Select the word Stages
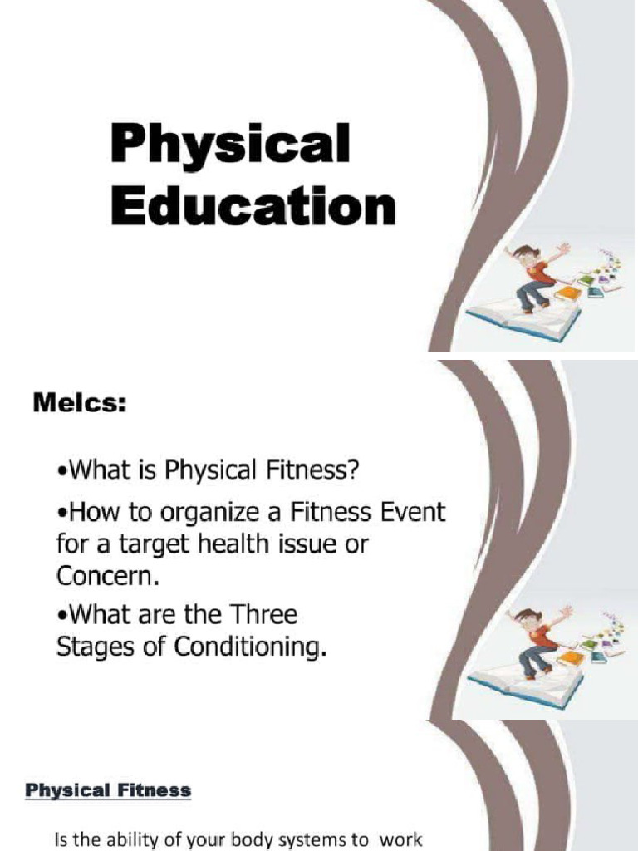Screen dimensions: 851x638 90,647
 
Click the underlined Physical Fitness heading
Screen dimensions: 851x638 108,791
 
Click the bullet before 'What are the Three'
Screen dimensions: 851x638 61,617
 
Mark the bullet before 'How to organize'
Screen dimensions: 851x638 61,514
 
